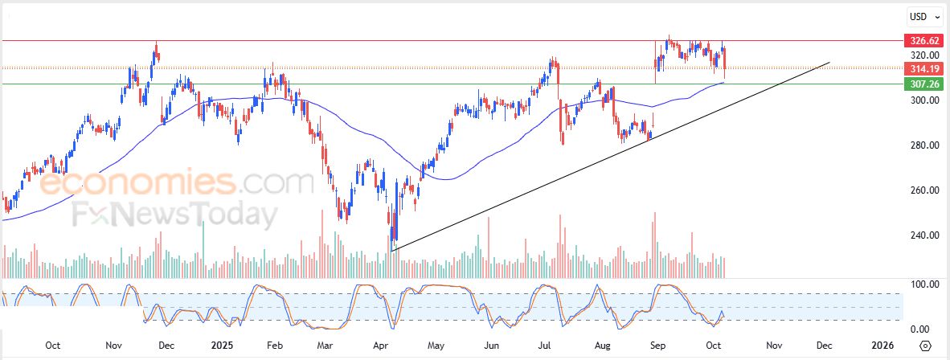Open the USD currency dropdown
click(x=922, y=16)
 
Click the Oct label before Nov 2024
click(x=53, y=346)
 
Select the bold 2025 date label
click(x=221, y=346)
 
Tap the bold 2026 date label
click(x=882, y=346)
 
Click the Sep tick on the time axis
click(x=658, y=346)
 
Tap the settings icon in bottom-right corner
click(x=926, y=346)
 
